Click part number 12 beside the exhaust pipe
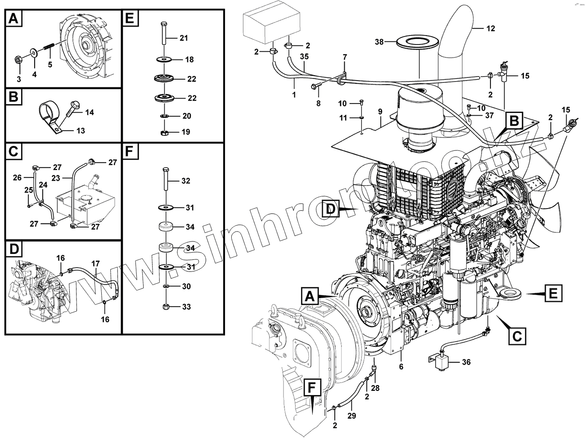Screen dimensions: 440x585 coord(490,28)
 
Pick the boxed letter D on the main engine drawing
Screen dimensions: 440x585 coord(331,210)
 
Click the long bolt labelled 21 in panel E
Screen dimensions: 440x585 coord(163,34)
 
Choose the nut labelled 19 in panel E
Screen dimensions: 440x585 coord(164,132)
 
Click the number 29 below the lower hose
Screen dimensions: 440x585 coord(352,416)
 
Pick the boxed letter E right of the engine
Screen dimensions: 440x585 coord(553,295)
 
